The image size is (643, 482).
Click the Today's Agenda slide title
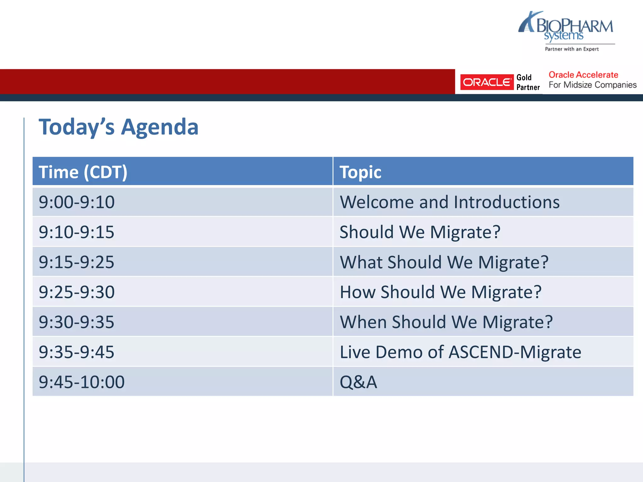pos(118,127)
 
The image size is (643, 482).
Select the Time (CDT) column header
pos(83,172)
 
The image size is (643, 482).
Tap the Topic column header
pos(360,172)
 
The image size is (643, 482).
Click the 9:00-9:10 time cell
pos(77,202)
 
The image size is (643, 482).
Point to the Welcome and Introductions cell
pos(449,202)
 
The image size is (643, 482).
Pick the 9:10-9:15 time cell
pos(77,232)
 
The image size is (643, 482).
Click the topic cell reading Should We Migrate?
pos(420,232)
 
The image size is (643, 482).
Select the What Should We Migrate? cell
pos(444,262)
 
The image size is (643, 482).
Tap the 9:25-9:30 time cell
pos(77,292)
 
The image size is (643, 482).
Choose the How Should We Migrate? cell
pos(440,292)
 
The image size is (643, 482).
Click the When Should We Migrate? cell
pos(446,322)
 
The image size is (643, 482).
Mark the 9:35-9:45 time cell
pos(77,352)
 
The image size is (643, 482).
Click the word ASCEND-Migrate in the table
pos(515,352)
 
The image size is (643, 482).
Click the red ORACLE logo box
pos(487,82)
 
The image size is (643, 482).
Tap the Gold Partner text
pos(528,82)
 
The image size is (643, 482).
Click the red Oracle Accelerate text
pos(583,75)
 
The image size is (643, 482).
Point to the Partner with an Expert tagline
pos(571,49)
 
